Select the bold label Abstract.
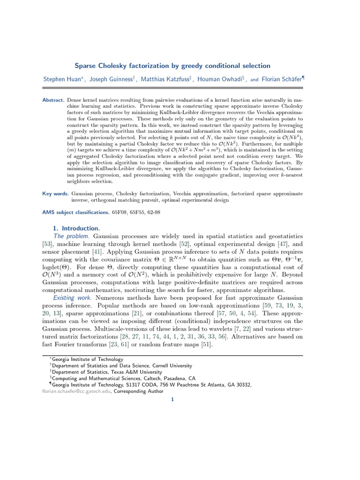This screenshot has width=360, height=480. point(53,100)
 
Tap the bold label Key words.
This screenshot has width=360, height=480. point(54,193)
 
